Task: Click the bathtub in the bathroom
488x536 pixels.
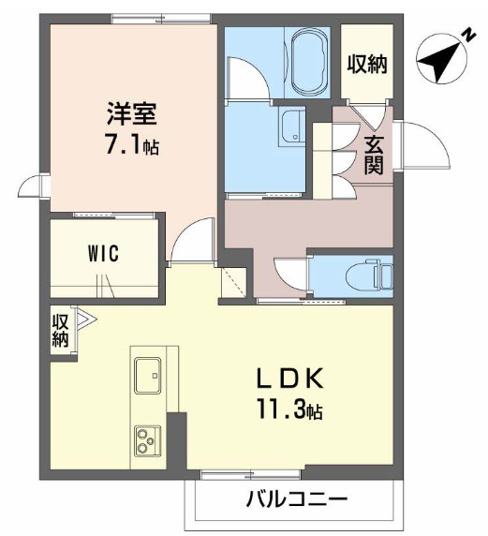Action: click(x=310, y=63)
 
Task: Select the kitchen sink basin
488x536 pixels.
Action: click(x=148, y=376)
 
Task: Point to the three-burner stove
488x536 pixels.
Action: click(x=148, y=440)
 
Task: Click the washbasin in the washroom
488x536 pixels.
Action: click(x=293, y=127)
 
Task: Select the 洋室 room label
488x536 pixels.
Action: click(x=132, y=113)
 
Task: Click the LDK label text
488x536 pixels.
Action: click(x=290, y=378)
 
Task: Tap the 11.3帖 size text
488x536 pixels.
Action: click(x=290, y=409)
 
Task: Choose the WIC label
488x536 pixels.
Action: click(x=104, y=254)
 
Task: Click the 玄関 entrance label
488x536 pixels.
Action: click(x=374, y=155)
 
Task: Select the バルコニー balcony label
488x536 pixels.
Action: click(x=297, y=500)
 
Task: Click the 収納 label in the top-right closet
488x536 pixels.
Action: click(x=367, y=64)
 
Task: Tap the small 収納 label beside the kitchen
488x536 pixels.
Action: click(x=60, y=331)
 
